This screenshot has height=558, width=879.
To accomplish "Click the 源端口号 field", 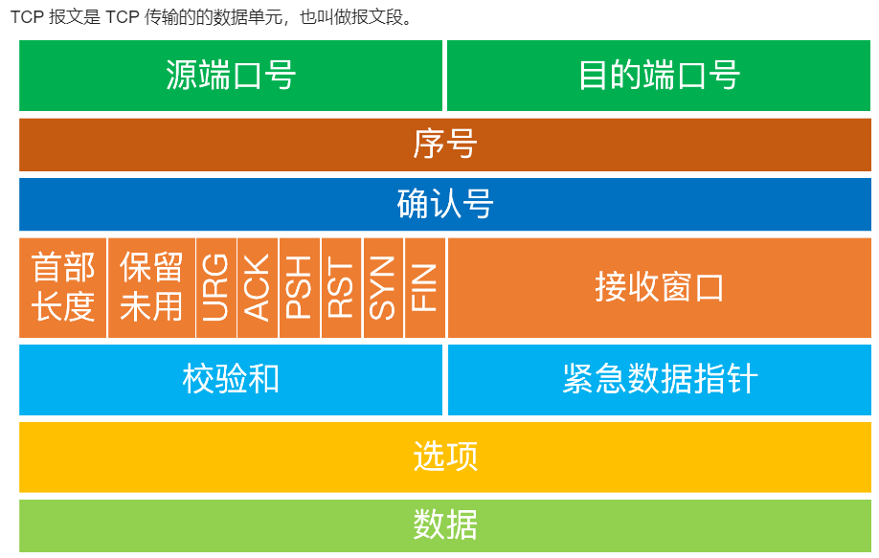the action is (231, 75).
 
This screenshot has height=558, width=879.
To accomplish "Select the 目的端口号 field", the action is (659, 75).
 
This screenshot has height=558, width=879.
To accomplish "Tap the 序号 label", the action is (445, 145).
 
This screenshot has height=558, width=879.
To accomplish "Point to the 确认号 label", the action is (445, 204).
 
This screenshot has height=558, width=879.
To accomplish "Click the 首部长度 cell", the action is (63, 287).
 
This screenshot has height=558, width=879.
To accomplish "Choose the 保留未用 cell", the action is (151, 287).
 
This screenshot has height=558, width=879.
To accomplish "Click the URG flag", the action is (215, 287).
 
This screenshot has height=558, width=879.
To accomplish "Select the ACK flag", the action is (258, 287).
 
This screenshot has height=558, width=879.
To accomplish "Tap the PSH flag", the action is (300, 287).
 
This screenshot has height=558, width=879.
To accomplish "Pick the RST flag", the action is (342, 287).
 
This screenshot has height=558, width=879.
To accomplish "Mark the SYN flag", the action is (383, 287).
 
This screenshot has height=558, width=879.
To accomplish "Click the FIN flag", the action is (425, 287).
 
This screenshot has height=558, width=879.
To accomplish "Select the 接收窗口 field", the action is (659, 287).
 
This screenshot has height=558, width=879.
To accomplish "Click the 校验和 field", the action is (231, 379).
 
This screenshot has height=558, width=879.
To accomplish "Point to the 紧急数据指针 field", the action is (659, 379).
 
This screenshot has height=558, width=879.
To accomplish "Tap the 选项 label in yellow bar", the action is (445, 456).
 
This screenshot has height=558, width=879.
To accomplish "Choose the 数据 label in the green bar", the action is (445, 525).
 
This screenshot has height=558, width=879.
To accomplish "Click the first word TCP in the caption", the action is (27, 17).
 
